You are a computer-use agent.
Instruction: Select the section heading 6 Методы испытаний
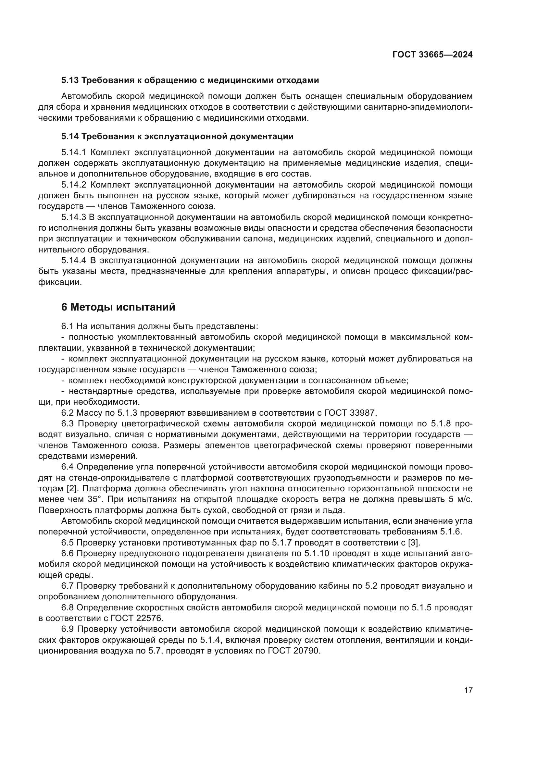(x=118, y=307)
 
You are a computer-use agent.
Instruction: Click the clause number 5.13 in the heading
(x=70, y=80)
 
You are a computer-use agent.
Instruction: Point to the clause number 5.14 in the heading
(x=70, y=136)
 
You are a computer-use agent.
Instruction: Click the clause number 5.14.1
(x=73, y=153)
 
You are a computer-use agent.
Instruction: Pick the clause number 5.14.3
(x=73, y=217)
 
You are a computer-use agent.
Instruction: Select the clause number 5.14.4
(x=73, y=261)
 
